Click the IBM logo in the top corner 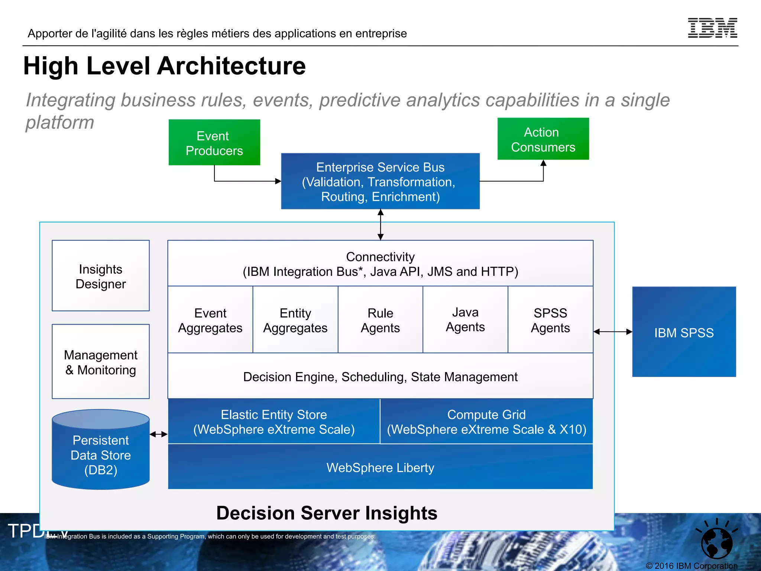pyautogui.click(x=712, y=28)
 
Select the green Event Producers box pyautogui.click(x=214, y=142)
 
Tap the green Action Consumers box pyautogui.click(x=543, y=139)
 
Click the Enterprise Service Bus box pyautogui.click(x=380, y=181)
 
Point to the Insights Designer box pyautogui.click(x=101, y=276)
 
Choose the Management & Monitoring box pyautogui.click(x=101, y=362)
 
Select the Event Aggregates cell pyautogui.click(x=210, y=320)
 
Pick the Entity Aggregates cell pyautogui.click(x=295, y=320)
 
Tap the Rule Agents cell pyautogui.click(x=380, y=320)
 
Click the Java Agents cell pyautogui.click(x=465, y=320)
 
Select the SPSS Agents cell pyautogui.click(x=550, y=320)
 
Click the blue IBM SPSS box pyautogui.click(x=684, y=332)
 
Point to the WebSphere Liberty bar pyautogui.click(x=380, y=467)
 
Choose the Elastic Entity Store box pyautogui.click(x=274, y=422)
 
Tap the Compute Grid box pyautogui.click(x=486, y=422)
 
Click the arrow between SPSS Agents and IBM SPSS pyautogui.click(x=613, y=332)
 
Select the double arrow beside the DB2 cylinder pyautogui.click(x=159, y=434)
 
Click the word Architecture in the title pyautogui.click(x=231, y=66)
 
